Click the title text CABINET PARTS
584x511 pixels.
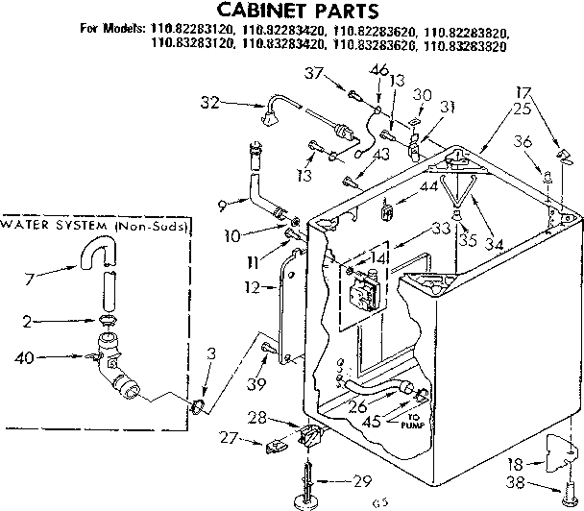pos(292,12)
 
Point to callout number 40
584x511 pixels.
pos(25,358)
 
